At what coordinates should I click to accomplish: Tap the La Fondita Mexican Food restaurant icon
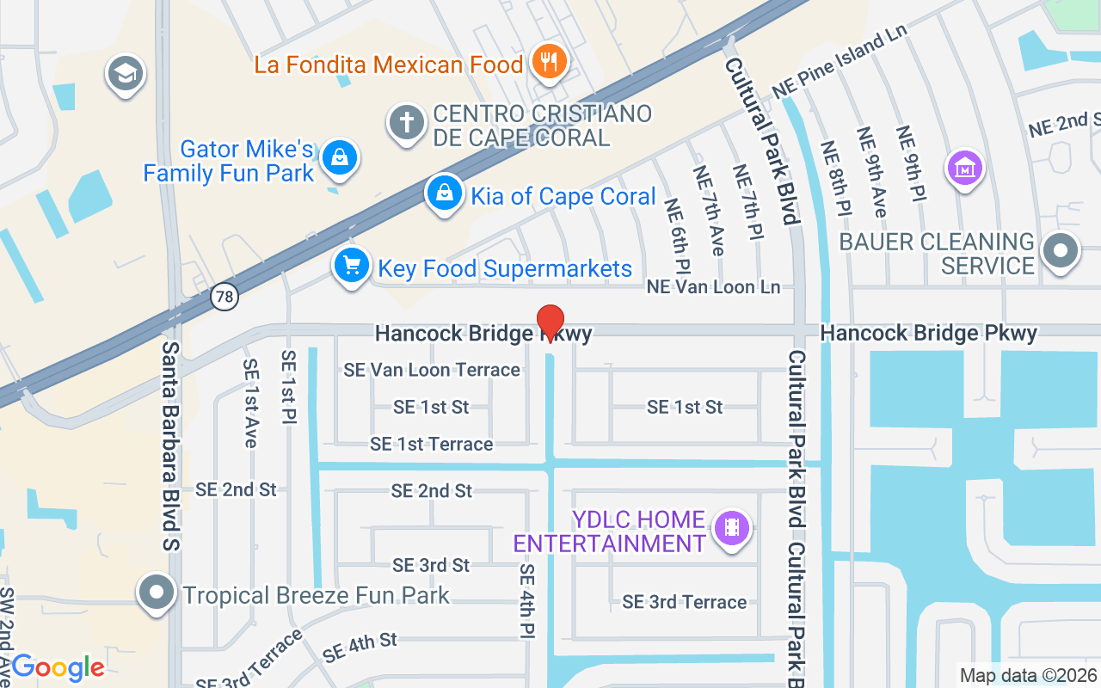click(547, 62)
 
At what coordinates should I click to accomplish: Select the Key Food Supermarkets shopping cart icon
click(351, 265)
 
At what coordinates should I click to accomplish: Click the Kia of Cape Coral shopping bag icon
click(444, 193)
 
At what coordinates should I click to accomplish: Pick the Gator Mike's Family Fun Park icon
click(341, 157)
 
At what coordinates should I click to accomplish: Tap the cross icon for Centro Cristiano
click(407, 122)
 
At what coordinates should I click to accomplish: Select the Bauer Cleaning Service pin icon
click(1061, 251)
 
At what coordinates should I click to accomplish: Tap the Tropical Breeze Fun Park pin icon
click(157, 593)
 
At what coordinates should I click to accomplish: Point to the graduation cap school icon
click(126, 74)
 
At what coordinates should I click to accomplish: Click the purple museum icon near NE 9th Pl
click(964, 167)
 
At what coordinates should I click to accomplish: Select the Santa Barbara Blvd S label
click(171, 445)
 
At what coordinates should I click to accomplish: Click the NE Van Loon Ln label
click(713, 286)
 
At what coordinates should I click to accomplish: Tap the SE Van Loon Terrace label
click(432, 370)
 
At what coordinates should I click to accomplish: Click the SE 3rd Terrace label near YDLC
click(685, 602)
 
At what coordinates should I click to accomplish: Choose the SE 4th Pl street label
click(526, 600)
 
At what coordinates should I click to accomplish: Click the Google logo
click(58, 667)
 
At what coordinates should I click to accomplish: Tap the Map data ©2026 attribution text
click(1027, 675)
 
